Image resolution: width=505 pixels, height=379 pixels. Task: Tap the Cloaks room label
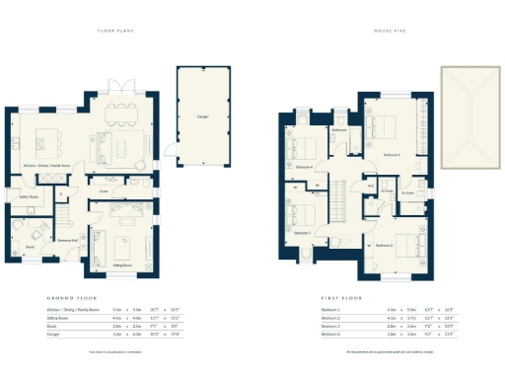pos(104,191)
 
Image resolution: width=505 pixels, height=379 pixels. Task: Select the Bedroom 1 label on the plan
pos(392,155)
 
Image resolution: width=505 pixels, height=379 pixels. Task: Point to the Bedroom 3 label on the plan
pos(302,233)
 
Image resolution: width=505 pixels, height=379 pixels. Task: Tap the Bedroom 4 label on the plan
pos(304,167)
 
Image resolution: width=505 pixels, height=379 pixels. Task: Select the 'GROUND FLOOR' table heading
pos(68,297)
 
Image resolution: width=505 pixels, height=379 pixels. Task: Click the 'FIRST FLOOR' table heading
pos(337,297)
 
